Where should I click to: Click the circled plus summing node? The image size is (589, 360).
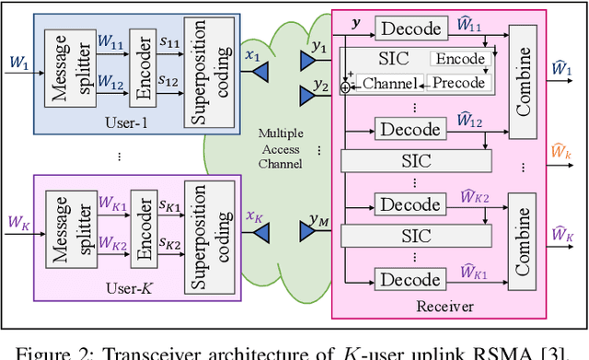[345, 86]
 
